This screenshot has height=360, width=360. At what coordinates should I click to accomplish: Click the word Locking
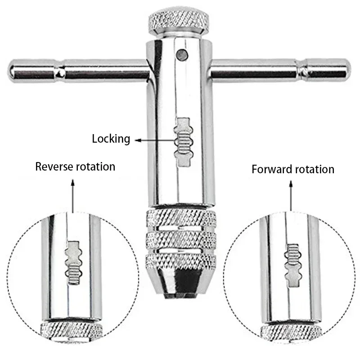click(x=111, y=139)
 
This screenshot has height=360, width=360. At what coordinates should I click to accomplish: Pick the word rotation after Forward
click(x=314, y=170)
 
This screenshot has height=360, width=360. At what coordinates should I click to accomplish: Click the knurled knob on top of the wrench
click(x=179, y=21)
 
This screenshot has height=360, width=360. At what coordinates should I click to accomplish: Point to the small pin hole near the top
click(x=181, y=54)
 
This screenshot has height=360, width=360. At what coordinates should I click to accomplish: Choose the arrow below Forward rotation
click(x=291, y=196)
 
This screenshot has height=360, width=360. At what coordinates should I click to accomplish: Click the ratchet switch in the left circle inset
click(x=74, y=264)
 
